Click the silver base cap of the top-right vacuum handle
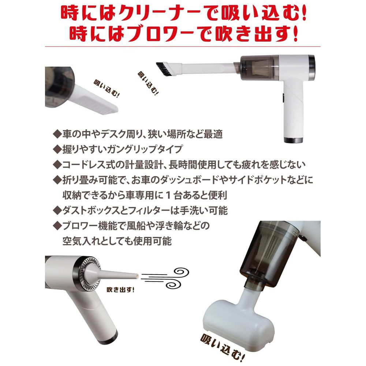pyautogui.click(x=294, y=140)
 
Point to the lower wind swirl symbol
pyautogui.click(x=173, y=283)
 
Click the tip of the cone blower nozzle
pyautogui.click(x=138, y=276)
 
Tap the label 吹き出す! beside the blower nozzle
pyautogui.click(x=120, y=290)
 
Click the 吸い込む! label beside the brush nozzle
pyautogui.click(x=148, y=83)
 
